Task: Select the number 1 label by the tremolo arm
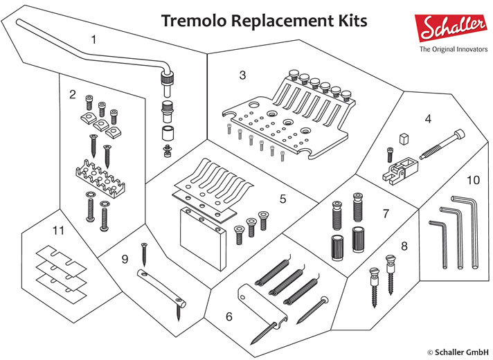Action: pyautogui.click(x=95, y=39)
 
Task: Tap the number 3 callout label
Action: pyautogui.click(x=242, y=75)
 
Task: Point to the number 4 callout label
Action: pyautogui.click(x=428, y=119)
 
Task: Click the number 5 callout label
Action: pyautogui.click(x=283, y=199)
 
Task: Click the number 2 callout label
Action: pyautogui.click(x=72, y=93)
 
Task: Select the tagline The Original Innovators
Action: pyautogui.click(x=451, y=51)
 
